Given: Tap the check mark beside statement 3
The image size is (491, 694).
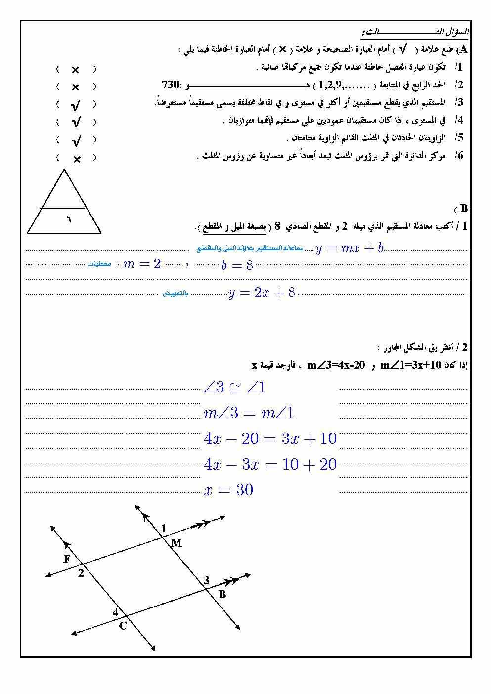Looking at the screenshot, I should pyautogui.click(x=76, y=105).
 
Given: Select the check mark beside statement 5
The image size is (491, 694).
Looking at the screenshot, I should pyautogui.click(x=76, y=141).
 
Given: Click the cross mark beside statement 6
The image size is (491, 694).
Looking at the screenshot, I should pyautogui.click(x=77, y=159).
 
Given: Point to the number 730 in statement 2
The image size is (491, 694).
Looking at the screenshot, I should pyautogui.click(x=170, y=84).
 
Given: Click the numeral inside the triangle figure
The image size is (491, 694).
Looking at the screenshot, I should pyautogui.click(x=69, y=218).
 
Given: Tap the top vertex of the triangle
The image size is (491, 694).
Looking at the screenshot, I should pyautogui.click(x=64, y=170).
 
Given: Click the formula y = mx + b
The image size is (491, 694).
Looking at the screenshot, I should pyautogui.click(x=350, y=248).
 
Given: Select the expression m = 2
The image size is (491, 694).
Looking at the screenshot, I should pyautogui.click(x=142, y=264).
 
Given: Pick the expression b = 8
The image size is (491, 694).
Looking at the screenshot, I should pyautogui.click(x=237, y=266).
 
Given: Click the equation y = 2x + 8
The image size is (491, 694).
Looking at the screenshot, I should pyautogui.click(x=262, y=293).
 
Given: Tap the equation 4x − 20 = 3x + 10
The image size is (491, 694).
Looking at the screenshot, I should pyautogui.click(x=270, y=439).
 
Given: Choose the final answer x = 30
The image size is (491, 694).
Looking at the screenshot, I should pyautogui.click(x=228, y=490).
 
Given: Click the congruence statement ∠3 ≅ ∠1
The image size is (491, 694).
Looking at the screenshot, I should pyautogui.click(x=234, y=388).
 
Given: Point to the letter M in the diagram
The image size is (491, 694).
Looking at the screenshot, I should pyautogui.click(x=177, y=543).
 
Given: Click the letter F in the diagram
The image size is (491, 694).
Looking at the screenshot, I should pyautogui.click(x=67, y=559).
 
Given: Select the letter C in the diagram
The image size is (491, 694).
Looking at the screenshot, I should pyautogui.click(x=123, y=626).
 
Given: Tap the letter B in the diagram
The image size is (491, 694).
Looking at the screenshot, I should pyautogui.click(x=222, y=594).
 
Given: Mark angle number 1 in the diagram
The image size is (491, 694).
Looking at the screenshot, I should pyautogui.click(x=164, y=529).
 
